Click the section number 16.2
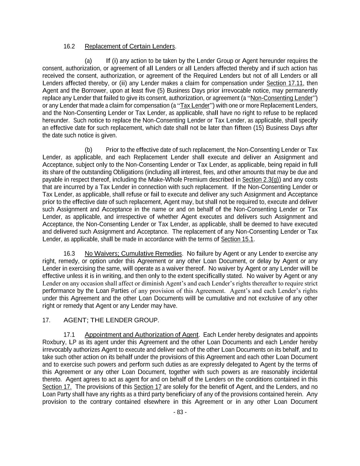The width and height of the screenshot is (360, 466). click(69, 46)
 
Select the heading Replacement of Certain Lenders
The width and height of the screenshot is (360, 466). click(130, 46)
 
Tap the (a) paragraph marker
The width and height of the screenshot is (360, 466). click(88, 61)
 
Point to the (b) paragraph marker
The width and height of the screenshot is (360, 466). click(88, 150)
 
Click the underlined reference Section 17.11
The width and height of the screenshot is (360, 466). click(285, 83)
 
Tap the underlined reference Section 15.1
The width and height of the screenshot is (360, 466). click(237, 239)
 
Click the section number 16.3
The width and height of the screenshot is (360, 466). click(69, 254)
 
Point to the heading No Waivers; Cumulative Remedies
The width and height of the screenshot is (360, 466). click(133, 254)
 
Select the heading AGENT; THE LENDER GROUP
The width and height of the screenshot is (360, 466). click(111, 320)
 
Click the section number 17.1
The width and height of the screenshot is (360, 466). click(69, 335)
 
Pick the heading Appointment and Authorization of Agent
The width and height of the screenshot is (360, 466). click(141, 335)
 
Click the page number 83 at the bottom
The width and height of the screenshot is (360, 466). click(180, 412)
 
